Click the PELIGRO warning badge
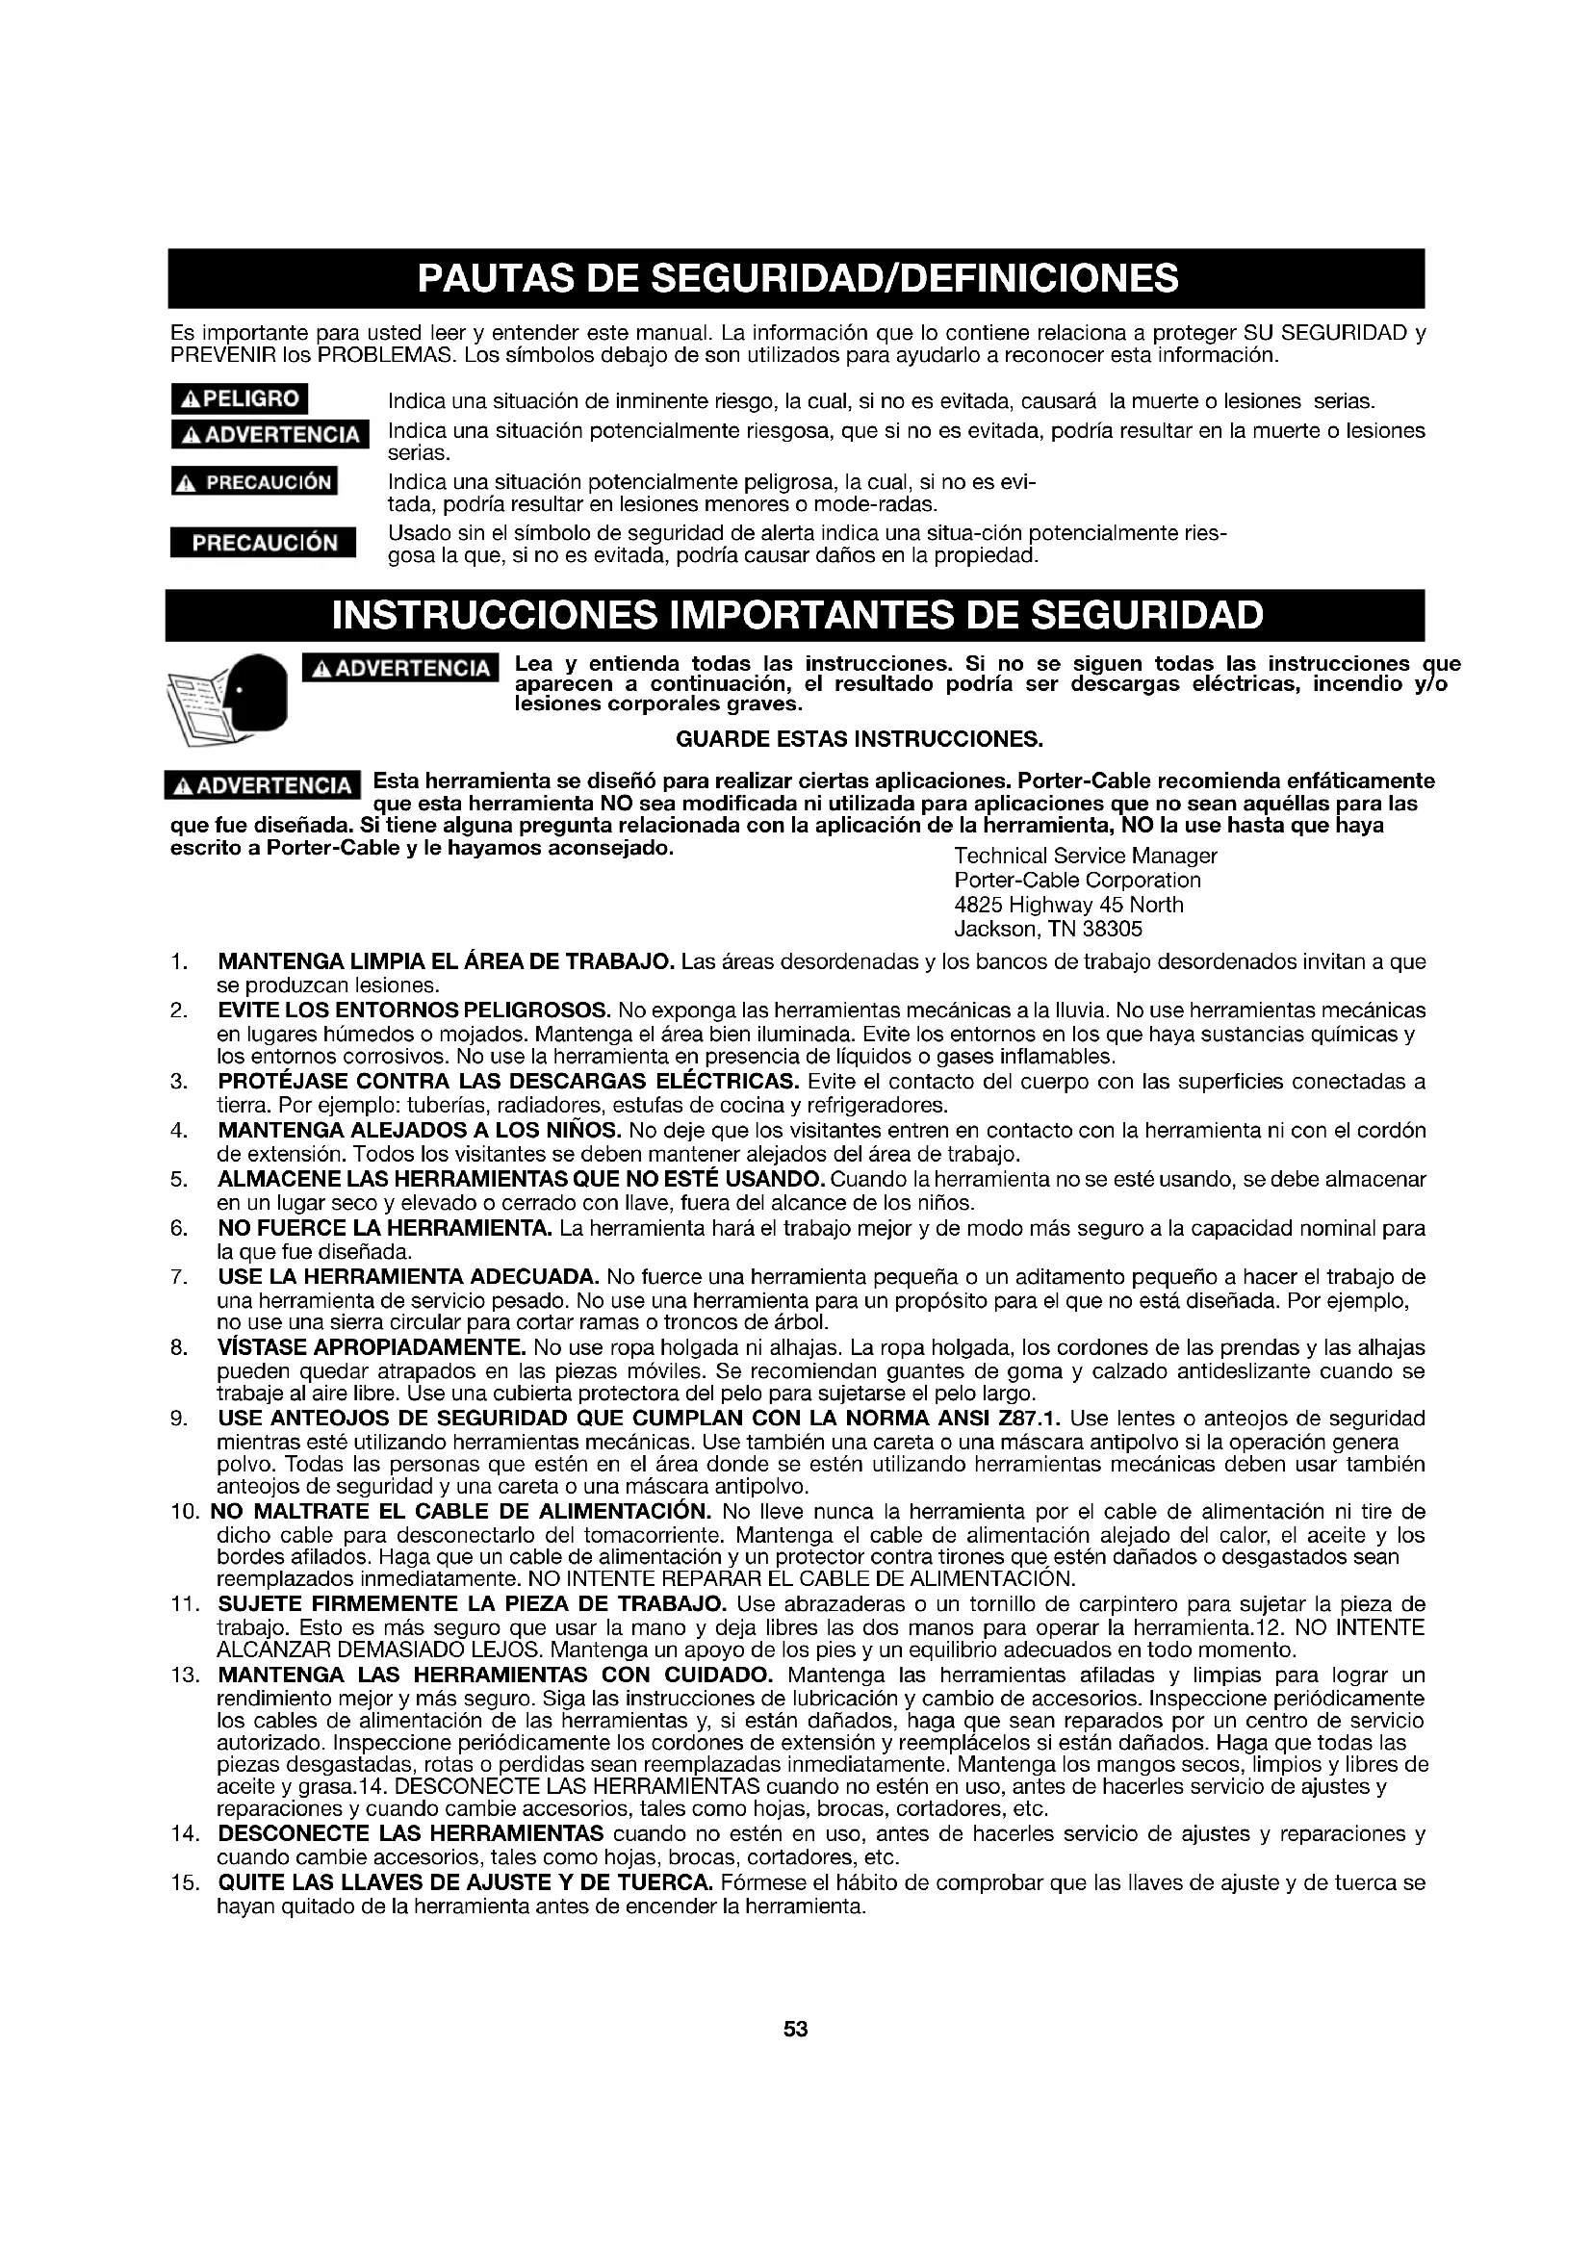240,399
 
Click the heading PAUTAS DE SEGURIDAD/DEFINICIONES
796,278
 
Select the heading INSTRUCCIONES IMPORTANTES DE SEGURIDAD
796,616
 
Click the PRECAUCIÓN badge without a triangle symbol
264,543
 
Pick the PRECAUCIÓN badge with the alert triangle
254,482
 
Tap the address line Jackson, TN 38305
1048,929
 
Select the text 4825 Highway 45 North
1068,904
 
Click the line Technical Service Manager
1085,856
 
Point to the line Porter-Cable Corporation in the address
1077,881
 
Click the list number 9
178,1419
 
